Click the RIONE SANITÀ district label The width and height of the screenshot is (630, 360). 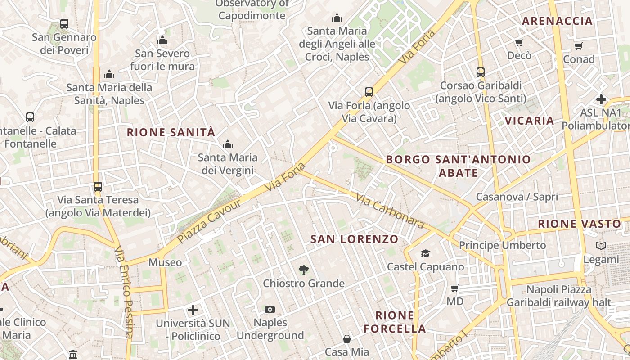click(171, 132)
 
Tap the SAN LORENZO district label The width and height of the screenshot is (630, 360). click(355, 239)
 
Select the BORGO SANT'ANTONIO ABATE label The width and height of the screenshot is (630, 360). click(458, 166)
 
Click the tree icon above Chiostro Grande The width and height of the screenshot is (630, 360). click(304, 270)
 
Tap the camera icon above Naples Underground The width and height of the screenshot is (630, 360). click(270, 309)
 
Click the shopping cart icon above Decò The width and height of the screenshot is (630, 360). click(519, 43)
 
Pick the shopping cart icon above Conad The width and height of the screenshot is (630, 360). click(579, 46)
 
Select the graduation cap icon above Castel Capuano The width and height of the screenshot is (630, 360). click(425, 254)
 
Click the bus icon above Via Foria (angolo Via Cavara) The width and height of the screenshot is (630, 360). click(369, 92)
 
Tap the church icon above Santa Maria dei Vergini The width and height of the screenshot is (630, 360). click(228, 144)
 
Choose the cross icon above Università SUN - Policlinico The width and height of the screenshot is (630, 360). click(193, 310)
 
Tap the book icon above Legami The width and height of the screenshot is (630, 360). click(601, 246)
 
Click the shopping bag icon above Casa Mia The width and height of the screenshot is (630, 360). click(347, 339)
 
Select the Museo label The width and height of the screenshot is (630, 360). click(165, 262)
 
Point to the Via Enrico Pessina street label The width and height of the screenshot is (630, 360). click(124, 292)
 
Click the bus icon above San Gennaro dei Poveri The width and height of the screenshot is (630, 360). click(64, 24)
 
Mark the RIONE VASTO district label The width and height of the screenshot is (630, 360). click(580, 224)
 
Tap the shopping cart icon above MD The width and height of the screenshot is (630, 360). click(455, 288)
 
